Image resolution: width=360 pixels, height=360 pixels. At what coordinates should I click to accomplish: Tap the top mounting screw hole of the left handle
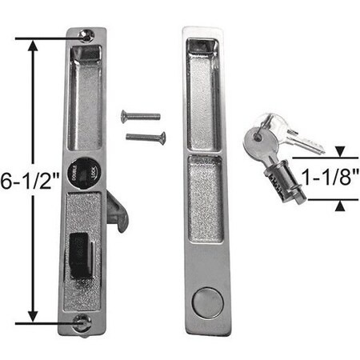point(86,34)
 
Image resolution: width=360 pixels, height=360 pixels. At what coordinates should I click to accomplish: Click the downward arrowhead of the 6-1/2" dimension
point(32,315)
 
